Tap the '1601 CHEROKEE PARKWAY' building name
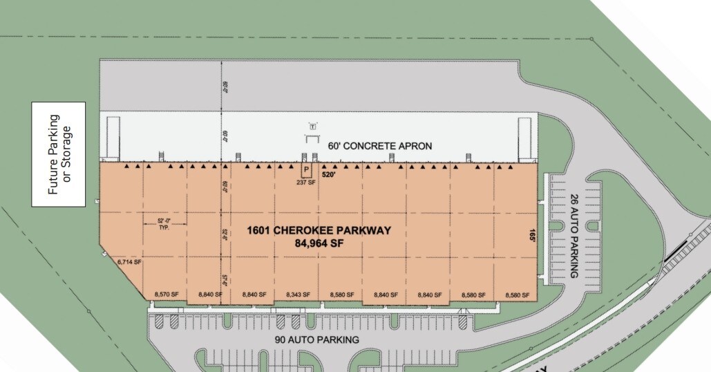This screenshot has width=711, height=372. tap(319, 231)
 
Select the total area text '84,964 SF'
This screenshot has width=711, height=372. tap(319, 243)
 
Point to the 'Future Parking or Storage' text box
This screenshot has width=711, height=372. tap(59, 154)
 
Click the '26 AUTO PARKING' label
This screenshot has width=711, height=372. tap(573, 236)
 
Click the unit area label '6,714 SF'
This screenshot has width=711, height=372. tap(129, 262)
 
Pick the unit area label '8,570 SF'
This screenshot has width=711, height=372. tap(166, 295)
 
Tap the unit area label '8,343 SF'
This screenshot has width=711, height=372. tap(298, 295)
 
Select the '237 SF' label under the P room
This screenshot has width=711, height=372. tap(306, 183)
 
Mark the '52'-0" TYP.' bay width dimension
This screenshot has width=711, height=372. tap(159, 223)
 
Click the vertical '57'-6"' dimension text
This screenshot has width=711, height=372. tap(225, 279)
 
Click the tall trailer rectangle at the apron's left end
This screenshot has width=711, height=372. tap(113, 138)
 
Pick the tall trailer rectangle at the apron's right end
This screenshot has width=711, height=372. tap(524, 138)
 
